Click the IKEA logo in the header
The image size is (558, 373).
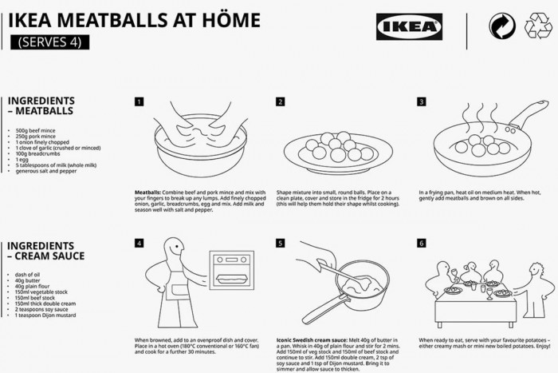pyautogui.click(x=409, y=26)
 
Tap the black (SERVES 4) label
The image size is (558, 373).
pyautogui.click(x=49, y=42)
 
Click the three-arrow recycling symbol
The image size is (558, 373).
pyautogui.click(x=538, y=26)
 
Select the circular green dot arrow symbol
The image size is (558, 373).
pyautogui.click(x=501, y=26)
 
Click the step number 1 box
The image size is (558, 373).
pyautogui.click(x=139, y=101)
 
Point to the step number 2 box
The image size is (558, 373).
pyautogui.click(x=281, y=101)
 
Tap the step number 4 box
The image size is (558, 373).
pyautogui.click(x=139, y=243)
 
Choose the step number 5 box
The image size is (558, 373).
pyautogui.click(x=281, y=243)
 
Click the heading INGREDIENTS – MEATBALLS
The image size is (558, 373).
pyautogui.click(x=41, y=105)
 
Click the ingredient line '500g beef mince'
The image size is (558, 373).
pyautogui.click(x=33, y=129)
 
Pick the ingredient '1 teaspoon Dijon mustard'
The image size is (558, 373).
pyautogui.click(x=45, y=316)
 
